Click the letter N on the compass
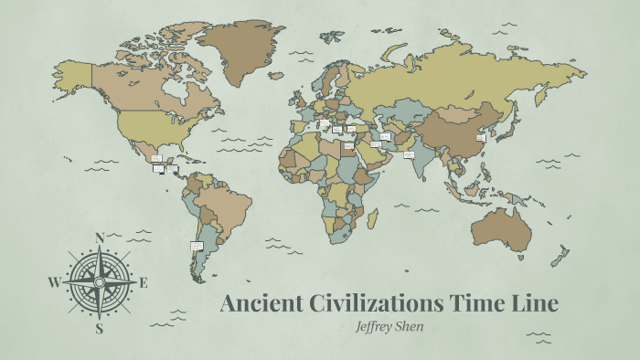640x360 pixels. [99, 236]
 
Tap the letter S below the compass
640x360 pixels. [99, 329]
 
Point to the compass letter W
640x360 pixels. [53, 282]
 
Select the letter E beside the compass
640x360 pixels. [144, 282]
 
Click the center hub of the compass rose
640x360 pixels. [99, 282]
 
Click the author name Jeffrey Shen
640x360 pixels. [389, 324]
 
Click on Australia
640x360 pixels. [501, 230]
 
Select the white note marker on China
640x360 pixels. [480, 138]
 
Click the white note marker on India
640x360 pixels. [409, 154]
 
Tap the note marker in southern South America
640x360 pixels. [196, 245]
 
